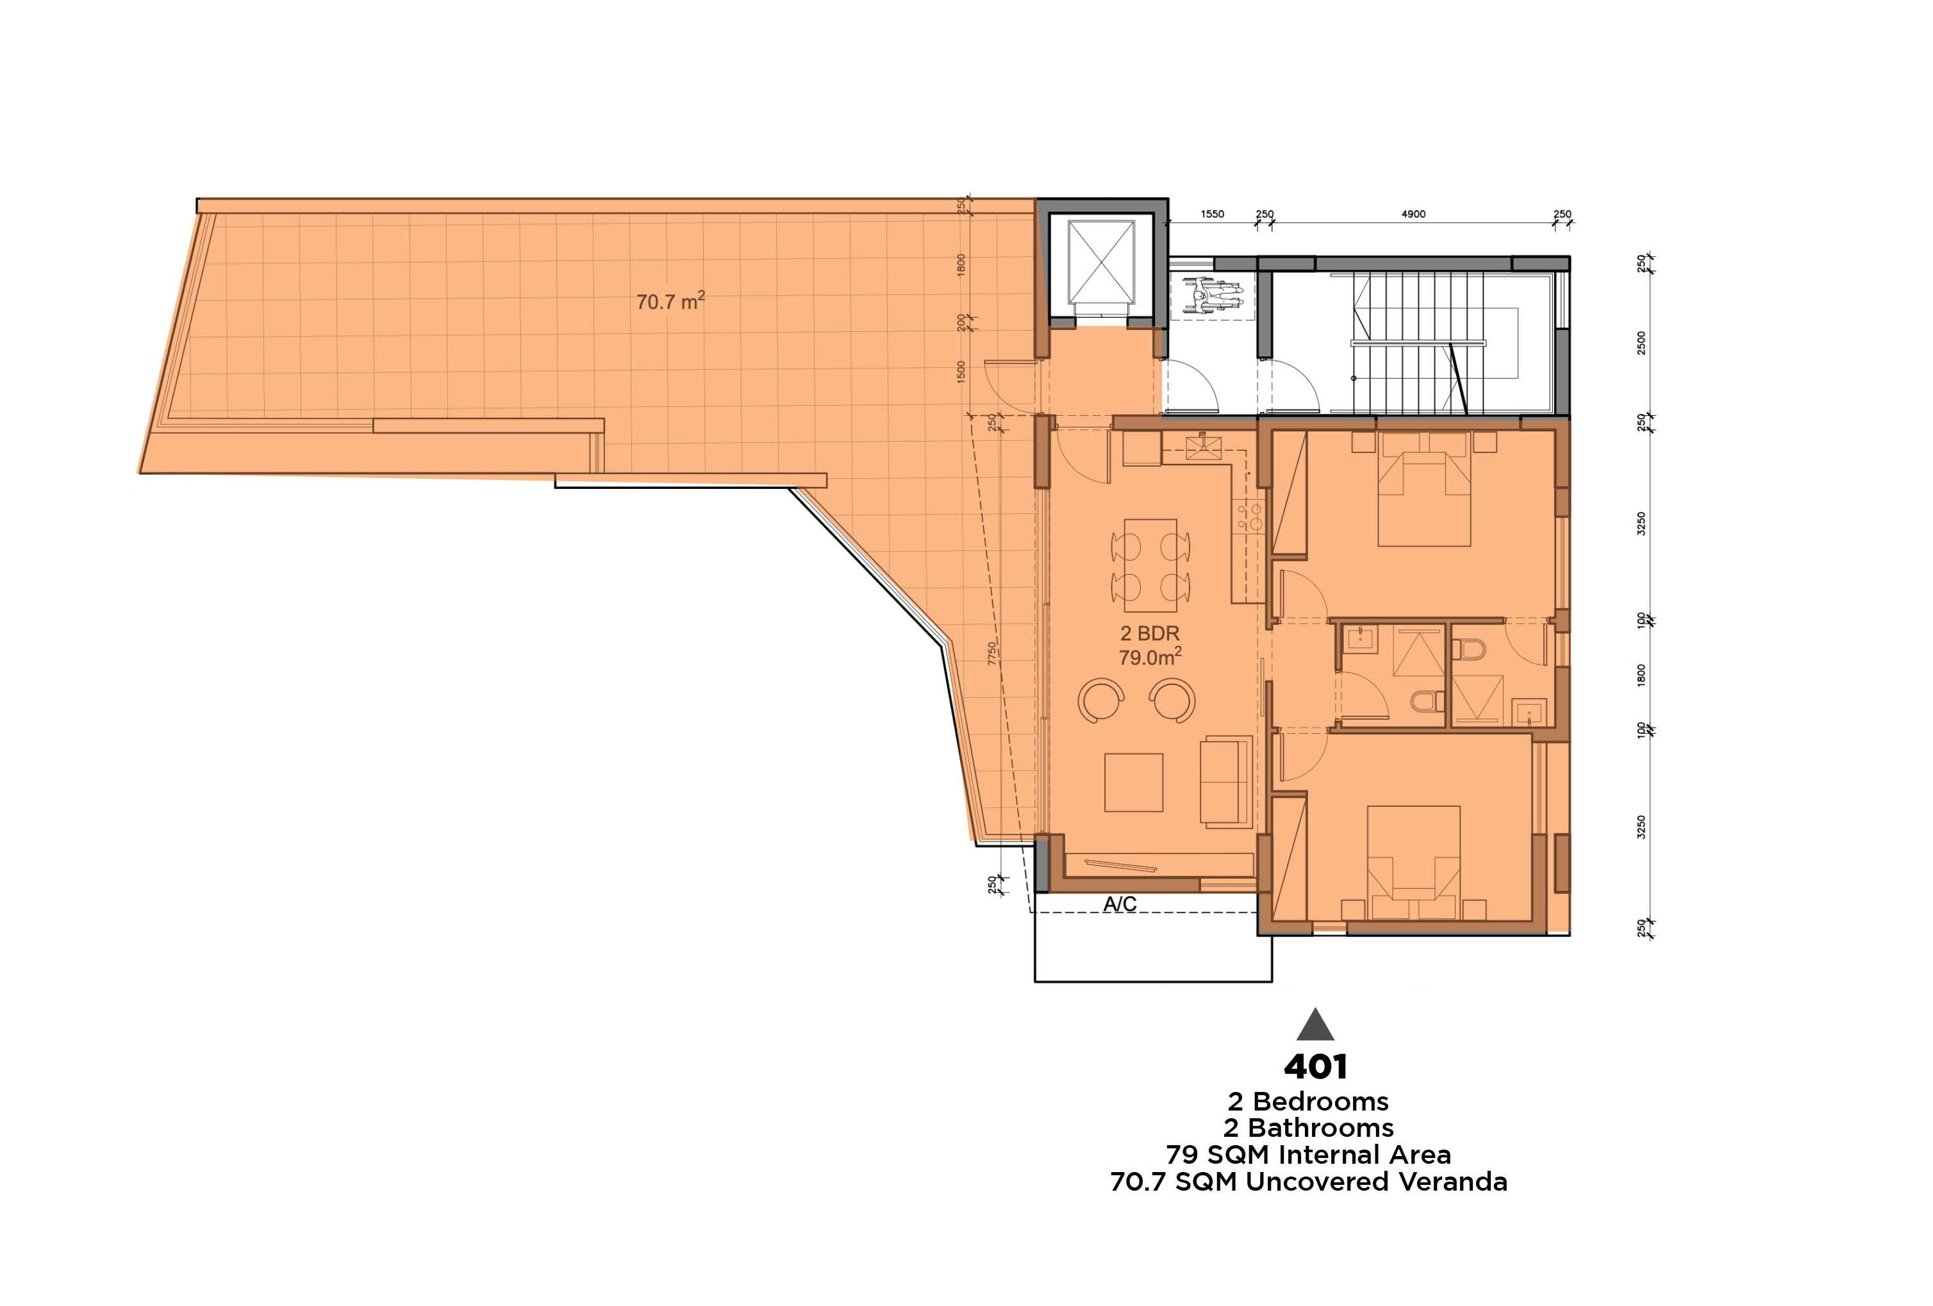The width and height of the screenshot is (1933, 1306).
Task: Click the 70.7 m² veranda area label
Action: (670, 301)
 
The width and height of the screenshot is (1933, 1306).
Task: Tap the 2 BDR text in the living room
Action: (1150, 633)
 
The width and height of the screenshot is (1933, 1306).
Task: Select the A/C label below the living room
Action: (1120, 904)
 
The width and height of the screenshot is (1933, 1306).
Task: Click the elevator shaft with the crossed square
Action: (1101, 261)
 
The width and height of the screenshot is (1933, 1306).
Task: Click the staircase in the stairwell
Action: (1418, 343)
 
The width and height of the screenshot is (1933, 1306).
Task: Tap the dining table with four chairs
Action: (1150, 565)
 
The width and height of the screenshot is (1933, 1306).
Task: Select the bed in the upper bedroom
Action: (1424, 491)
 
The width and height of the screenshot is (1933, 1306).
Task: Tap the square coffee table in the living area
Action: (1134, 782)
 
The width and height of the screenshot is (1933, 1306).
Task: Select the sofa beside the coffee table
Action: (1225, 781)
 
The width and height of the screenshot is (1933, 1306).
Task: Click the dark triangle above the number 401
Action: (1315, 1027)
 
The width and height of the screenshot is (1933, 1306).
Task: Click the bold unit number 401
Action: (1315, 1066)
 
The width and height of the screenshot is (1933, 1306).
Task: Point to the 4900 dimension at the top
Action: (1413, 214)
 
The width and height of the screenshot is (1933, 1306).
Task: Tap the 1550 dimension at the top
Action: (1212, 214)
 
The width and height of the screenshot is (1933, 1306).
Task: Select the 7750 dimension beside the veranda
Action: (992, 653)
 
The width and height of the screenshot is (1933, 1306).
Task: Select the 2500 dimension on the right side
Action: (1641, 343)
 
